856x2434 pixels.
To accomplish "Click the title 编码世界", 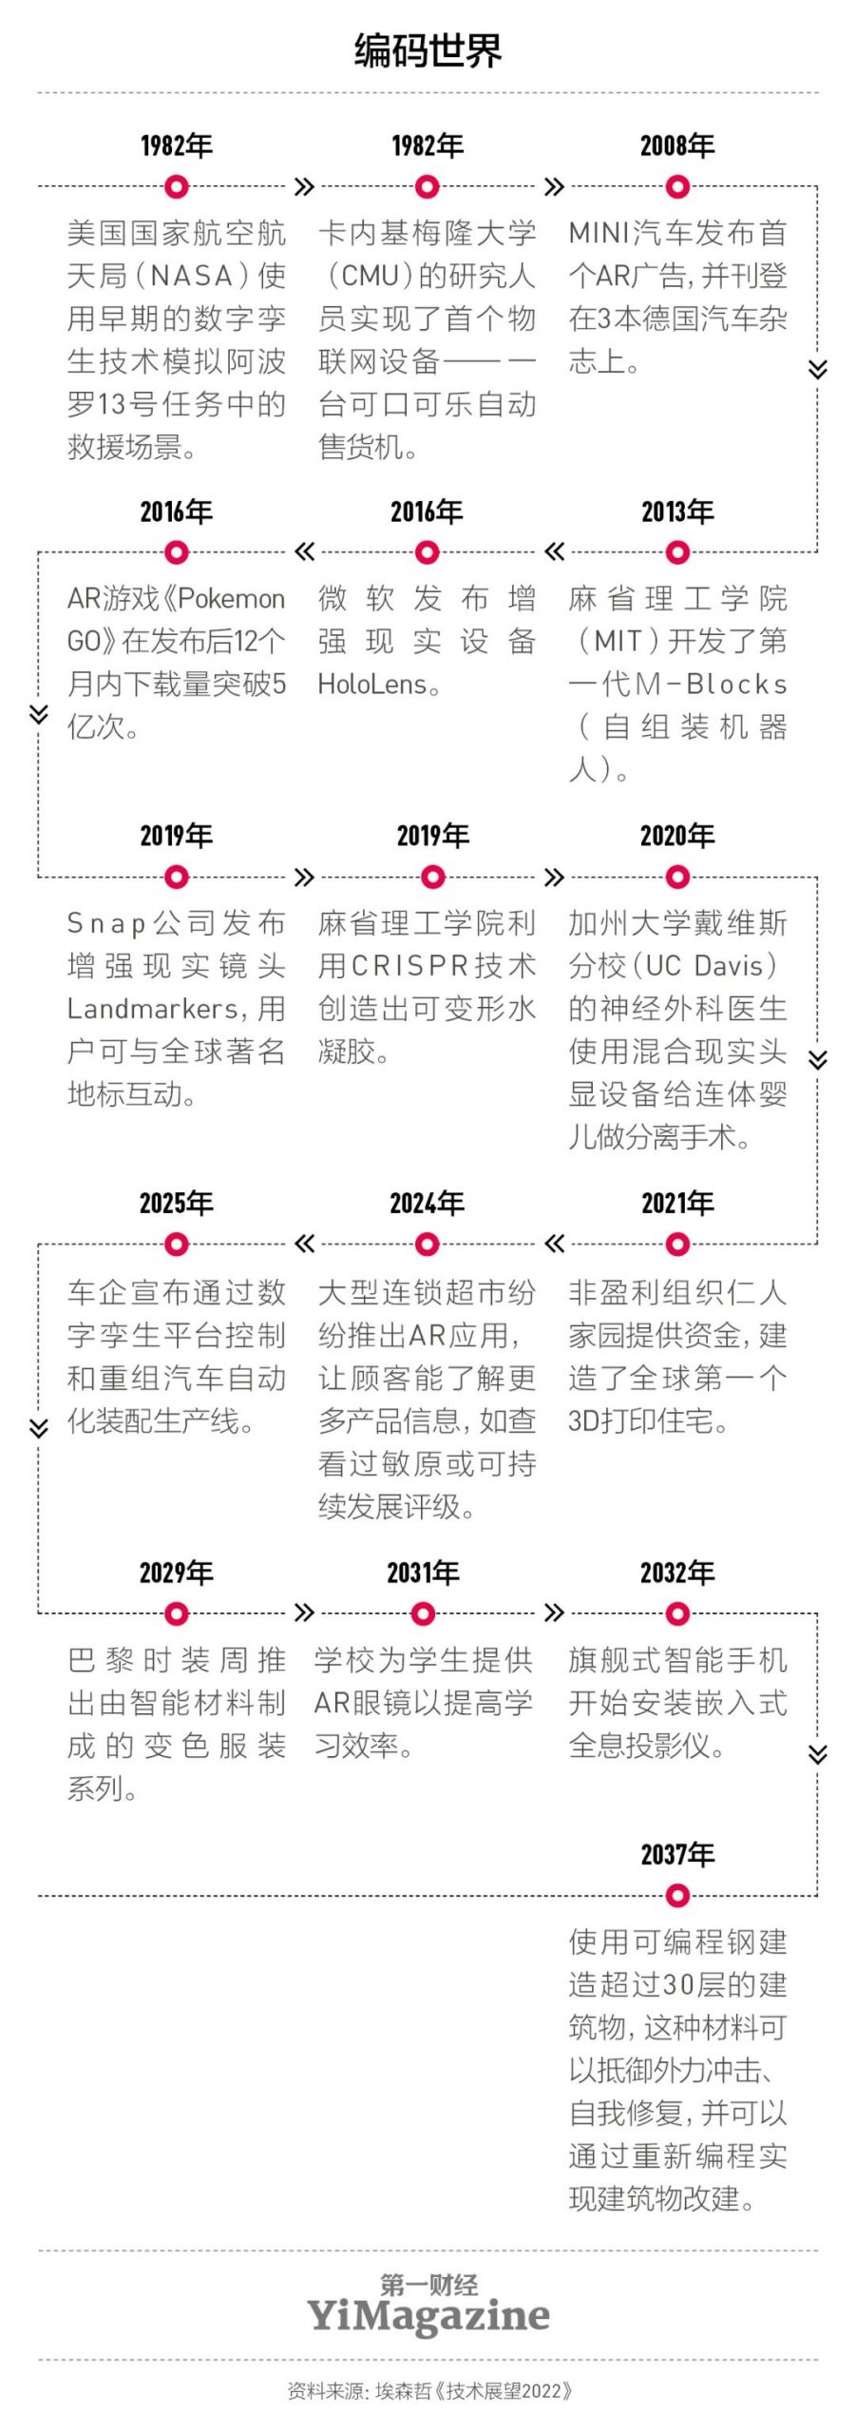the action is tap(428, 50).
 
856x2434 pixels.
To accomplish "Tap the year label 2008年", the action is tap(677, 145).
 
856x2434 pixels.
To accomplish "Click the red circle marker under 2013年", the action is tap(677, 552).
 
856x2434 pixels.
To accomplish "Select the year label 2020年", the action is tap(677, 836).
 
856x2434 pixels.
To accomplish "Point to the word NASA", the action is tap(191, 276).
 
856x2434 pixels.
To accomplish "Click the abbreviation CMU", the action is tap(370, 276).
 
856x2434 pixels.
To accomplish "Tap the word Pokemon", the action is tap(232, 599).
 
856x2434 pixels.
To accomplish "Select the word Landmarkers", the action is tap(152, 1009).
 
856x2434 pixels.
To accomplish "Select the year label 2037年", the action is tap(677, 1854).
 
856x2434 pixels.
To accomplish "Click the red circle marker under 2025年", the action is tap(177, 1244).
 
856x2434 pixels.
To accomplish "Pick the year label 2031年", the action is tap(423, 1573).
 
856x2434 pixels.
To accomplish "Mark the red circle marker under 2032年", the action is tap(677, 1613).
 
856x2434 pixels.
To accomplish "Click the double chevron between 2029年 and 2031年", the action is tap(304, 1613).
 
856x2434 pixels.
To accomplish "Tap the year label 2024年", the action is tap(428, 1203).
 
